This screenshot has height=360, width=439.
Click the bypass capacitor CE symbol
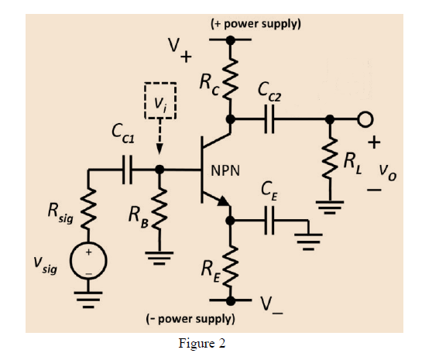point(269,222)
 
